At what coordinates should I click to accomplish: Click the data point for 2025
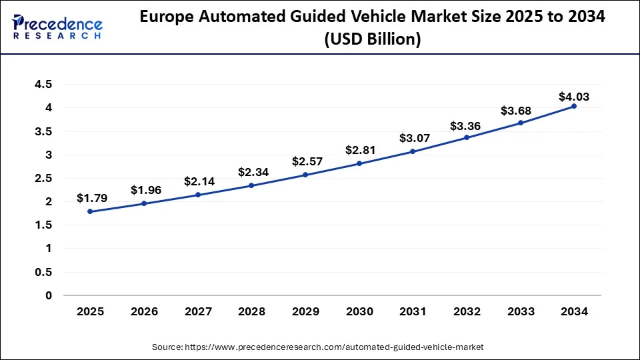tap(90, 211)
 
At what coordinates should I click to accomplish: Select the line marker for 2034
tap(574, 106)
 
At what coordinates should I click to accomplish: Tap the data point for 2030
tap(359, 163)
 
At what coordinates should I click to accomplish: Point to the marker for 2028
tap(251, 185)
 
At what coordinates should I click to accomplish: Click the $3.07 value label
tap(415, 139)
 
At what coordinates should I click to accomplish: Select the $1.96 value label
tap(146, 190)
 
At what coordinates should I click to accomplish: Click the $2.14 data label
tap(199, 181)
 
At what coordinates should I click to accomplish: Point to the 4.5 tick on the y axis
tap(43, 85)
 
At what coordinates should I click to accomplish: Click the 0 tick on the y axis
tap(49, 295)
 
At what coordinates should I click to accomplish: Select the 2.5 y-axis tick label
tap(43, 179)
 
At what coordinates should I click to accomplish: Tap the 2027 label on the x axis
tap(197, 312)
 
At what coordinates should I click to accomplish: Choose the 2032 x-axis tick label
tap(467, 312)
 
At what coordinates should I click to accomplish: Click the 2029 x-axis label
tap(305, 312)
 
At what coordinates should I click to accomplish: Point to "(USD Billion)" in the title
tap(373, 39)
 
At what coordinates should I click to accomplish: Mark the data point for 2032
tap(467, 137)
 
